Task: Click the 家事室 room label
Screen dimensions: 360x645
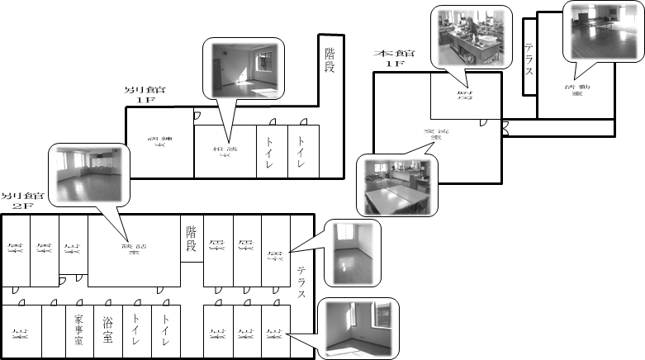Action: click(78, 330)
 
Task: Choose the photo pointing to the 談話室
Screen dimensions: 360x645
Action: click(90, 174)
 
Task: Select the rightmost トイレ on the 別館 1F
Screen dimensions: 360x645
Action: click(302, 151)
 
